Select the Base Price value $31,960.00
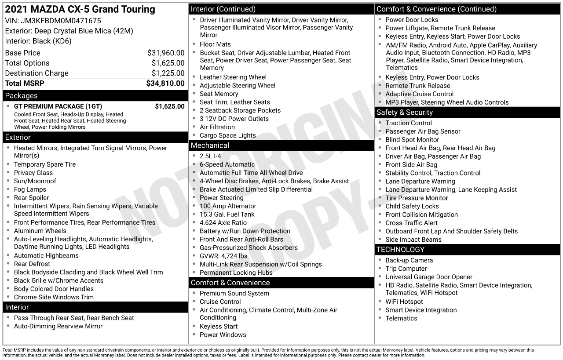166,53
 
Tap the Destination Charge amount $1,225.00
168,73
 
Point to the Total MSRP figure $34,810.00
165,84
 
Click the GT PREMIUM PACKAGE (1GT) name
58,106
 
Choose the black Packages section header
95,96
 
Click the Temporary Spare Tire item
45,164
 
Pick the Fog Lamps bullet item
30,189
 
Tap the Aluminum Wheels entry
40,231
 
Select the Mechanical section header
281,145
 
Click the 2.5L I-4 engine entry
210,156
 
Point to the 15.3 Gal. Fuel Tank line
227,215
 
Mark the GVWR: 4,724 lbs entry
223,256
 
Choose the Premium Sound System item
234,294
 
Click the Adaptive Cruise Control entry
419,94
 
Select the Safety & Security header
468,113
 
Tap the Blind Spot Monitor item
412,140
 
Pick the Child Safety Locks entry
412,206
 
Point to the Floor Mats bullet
215,44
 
